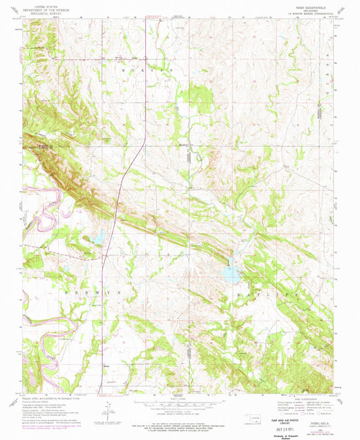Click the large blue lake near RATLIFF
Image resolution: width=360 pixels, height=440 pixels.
[x=231, y=273]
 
